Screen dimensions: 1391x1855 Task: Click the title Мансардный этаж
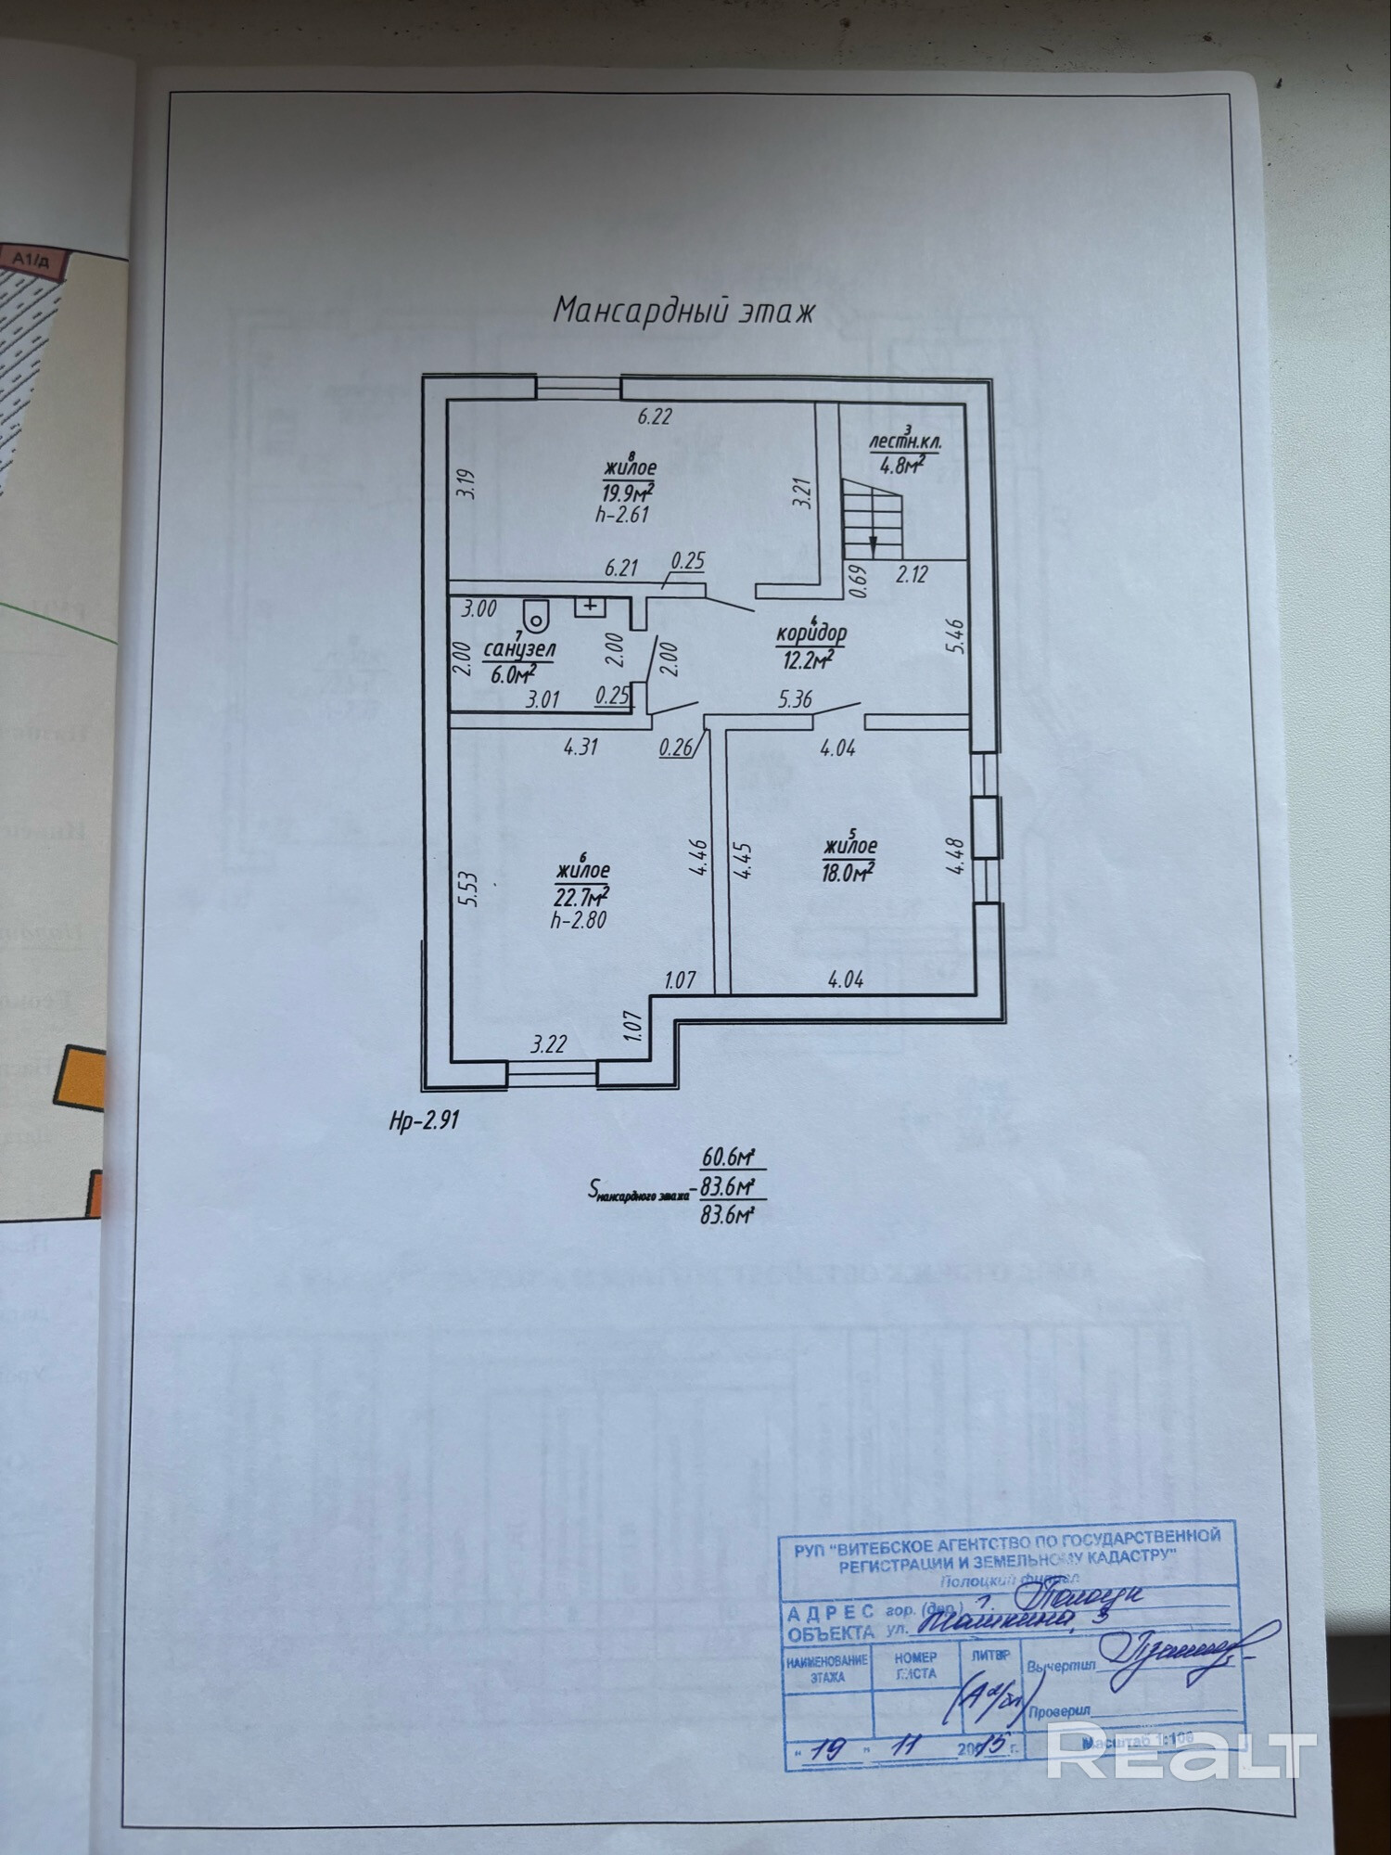[x=683, y=310]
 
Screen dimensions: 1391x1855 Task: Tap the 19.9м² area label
[x=631, y=490]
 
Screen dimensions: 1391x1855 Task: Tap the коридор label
[x=811, y=633]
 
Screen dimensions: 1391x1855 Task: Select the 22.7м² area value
[x=581, y=896]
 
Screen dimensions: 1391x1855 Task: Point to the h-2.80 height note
[x=578, y=920]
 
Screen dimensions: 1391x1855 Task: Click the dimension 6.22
[x=654, y=416]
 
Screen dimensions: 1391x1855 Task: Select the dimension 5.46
[x=959, y=637]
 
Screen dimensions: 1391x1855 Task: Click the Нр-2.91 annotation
[x=424, y=1119]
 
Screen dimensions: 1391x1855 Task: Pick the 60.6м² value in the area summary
[x=728, y=1157]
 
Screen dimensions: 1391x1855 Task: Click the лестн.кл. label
[x=904, y=442]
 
